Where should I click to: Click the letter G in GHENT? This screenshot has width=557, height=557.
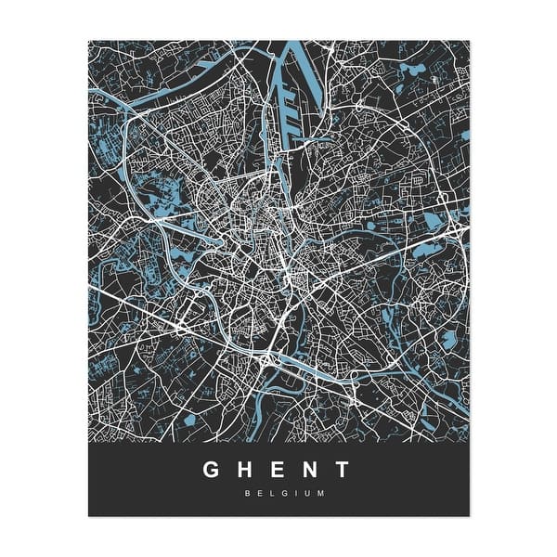pyautogui.click(x=213, y=470)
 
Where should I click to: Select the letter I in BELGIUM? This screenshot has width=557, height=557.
pyautogui.click(x=289, y=493)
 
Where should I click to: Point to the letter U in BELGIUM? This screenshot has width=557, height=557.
pyautogui.click(x=301, y=493)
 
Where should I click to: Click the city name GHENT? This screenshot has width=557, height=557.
pyautogui.click(x=278, y=470)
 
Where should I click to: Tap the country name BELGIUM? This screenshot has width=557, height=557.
pyautogui.click(x=278, y=493)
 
